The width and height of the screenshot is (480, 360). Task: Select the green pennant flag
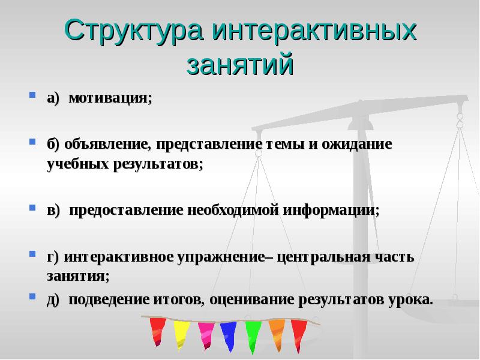tap(253, 335)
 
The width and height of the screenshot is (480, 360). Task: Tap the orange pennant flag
tap(277, 333)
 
